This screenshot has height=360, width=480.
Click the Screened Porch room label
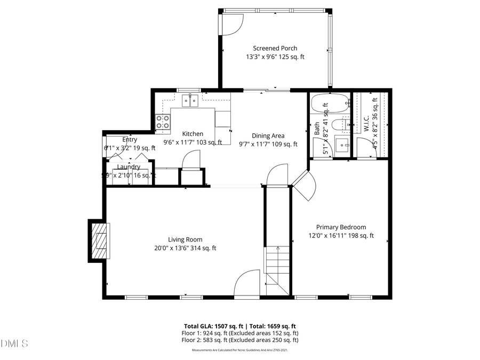275,48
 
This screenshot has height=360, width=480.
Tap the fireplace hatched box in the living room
100,241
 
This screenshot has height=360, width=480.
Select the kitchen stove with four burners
163,122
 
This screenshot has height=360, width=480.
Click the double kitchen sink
190,100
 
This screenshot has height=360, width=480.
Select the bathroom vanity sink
342,143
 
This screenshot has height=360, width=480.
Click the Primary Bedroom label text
341,227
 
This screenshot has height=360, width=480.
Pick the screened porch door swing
232,24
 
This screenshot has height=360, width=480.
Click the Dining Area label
268,135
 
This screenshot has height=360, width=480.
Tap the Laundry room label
129,167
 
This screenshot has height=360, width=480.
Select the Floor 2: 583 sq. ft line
239,340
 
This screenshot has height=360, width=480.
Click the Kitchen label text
192,134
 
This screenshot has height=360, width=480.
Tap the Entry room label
130,140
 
